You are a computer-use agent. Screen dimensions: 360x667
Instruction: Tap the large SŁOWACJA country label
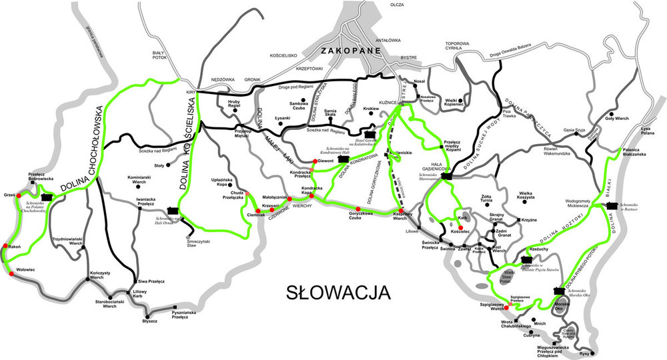click(338, 292)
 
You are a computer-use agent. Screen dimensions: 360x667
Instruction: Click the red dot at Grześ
click(19, 196)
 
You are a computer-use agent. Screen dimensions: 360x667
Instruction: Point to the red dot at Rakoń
click(5, 246)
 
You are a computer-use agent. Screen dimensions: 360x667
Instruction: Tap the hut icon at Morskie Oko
click(560, 291)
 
